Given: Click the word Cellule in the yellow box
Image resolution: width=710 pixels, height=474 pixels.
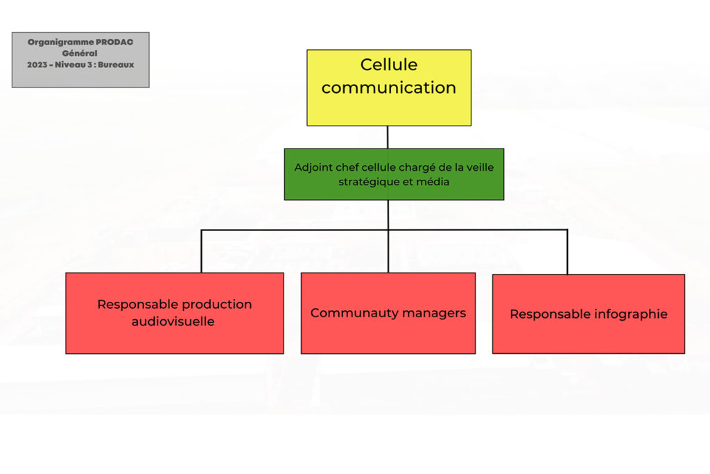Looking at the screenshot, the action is coord(389,65).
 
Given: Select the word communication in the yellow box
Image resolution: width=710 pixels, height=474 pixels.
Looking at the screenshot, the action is coord(389,87).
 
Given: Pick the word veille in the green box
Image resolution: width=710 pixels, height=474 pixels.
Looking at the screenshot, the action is coord(480,167).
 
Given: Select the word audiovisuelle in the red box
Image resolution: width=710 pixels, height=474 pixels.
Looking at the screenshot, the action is coord(173,321).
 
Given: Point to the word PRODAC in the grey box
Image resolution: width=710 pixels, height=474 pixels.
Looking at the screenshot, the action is coord(114,42).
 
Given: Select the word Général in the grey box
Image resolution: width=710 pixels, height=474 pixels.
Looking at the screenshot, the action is coord(80,53).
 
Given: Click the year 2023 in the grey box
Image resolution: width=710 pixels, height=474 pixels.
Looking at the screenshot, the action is coord(37,65).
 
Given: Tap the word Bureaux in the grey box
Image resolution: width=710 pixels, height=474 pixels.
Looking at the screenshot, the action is coord(116,65).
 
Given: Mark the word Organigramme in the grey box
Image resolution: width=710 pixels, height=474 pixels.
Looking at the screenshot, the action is coord(61,42).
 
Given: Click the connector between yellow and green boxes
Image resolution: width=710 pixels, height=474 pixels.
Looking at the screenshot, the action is coord(388,137).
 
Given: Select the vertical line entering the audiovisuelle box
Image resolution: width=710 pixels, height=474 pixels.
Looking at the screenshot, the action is coord(202,251).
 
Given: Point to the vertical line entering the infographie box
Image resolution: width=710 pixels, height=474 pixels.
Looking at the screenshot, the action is coord(567,252).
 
